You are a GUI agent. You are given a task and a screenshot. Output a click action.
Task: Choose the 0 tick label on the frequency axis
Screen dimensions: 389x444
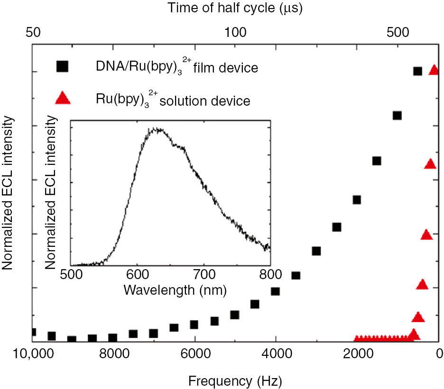click(x=439, y=354)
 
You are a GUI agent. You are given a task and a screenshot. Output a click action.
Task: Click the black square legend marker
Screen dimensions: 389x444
click(x=62, y=66)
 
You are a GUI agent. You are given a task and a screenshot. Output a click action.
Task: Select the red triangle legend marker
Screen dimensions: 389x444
click(x=63, y=98)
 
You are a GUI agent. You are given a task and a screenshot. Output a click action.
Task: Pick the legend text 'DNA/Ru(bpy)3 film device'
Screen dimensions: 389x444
click(x=176, y=67)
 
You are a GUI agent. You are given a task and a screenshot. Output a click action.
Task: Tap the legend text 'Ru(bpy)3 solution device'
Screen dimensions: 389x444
click(x=172, y=100)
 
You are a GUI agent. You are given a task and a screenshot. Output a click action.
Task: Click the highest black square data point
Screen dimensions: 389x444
click(x=417, y=71)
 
